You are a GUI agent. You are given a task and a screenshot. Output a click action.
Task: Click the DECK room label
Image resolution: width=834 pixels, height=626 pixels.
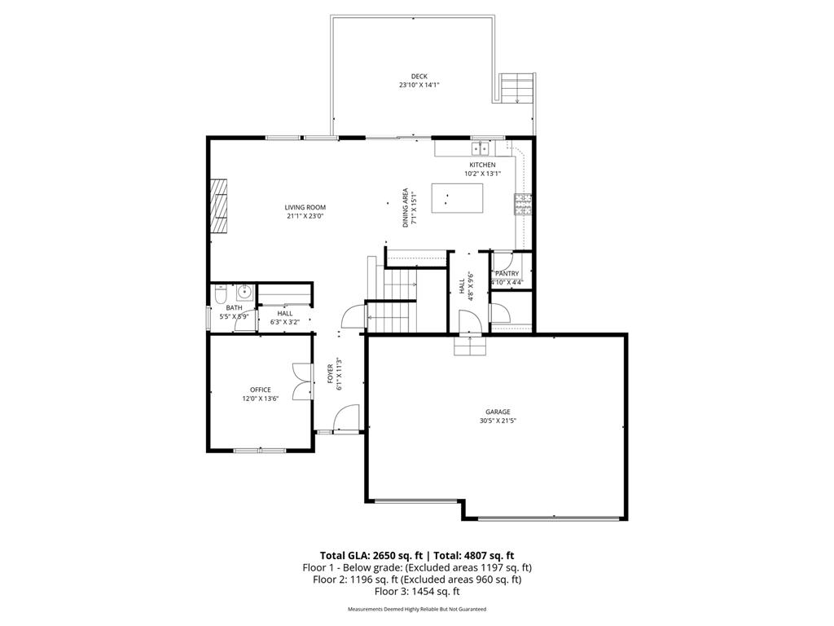pos(419,77)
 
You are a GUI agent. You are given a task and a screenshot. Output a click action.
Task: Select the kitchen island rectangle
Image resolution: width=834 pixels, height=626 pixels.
pos(457,197)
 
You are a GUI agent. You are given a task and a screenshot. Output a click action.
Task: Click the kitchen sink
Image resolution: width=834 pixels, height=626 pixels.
pos(481,148)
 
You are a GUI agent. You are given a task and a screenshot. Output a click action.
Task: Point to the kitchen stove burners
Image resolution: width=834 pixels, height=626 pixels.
pos(522,204)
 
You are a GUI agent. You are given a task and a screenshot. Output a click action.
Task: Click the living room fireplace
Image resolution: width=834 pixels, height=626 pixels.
pos(218,206)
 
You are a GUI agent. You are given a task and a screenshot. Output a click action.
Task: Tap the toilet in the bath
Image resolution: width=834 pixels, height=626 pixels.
pos(219,294)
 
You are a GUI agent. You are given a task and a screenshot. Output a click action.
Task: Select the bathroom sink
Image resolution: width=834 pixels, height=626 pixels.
pos(243,293)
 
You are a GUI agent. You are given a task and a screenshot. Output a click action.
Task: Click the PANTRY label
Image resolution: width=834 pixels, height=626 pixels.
pos(507,274)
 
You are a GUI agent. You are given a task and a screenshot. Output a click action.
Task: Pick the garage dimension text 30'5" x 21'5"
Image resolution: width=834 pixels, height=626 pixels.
pos(498,421)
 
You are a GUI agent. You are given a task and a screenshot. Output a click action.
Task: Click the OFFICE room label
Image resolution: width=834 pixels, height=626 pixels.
pos(261,390)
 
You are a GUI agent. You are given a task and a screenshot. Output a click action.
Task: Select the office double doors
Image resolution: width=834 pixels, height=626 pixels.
pos(301,381)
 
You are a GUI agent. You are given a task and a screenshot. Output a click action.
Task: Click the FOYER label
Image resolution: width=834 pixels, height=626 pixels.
pos(330,374)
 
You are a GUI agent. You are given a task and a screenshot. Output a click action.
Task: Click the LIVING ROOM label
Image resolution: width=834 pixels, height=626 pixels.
pos(305,207)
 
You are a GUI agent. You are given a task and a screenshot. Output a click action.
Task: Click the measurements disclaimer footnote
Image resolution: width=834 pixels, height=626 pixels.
pos(416,609)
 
